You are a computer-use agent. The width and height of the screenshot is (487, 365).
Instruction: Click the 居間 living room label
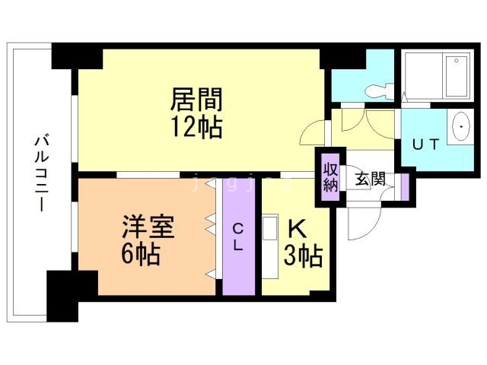196,100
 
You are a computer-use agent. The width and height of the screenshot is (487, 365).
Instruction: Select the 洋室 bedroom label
149,227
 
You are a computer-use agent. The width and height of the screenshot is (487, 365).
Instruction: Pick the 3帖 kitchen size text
304,255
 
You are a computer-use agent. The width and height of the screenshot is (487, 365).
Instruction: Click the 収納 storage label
330,176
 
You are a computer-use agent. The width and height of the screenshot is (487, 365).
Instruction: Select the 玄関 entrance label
371,180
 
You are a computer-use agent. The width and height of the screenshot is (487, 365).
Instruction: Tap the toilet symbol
377,90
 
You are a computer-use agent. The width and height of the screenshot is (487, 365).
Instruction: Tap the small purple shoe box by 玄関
404,186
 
